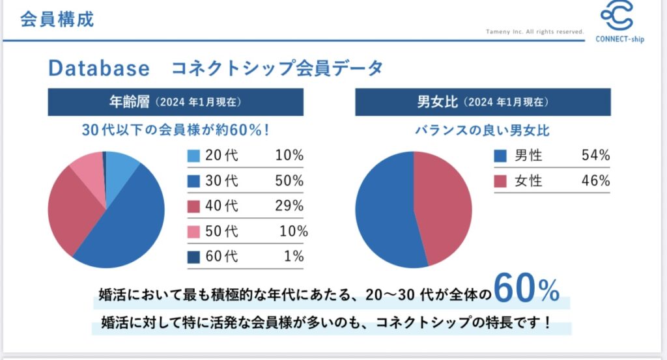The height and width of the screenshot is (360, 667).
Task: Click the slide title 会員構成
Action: [57, 19]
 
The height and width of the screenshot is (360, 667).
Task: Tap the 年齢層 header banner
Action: [175, 102]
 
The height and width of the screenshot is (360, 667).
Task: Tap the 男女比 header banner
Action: [483, 102]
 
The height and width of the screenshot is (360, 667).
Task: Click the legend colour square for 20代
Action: [194, 156]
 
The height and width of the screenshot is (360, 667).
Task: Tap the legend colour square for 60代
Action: [194, 256]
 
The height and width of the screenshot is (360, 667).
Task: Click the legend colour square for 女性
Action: [500, 181]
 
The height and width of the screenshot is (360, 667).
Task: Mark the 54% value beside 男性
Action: [595, 156]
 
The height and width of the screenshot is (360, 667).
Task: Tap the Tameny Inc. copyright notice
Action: [535, 31]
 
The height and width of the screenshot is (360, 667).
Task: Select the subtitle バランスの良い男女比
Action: [483, 131]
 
